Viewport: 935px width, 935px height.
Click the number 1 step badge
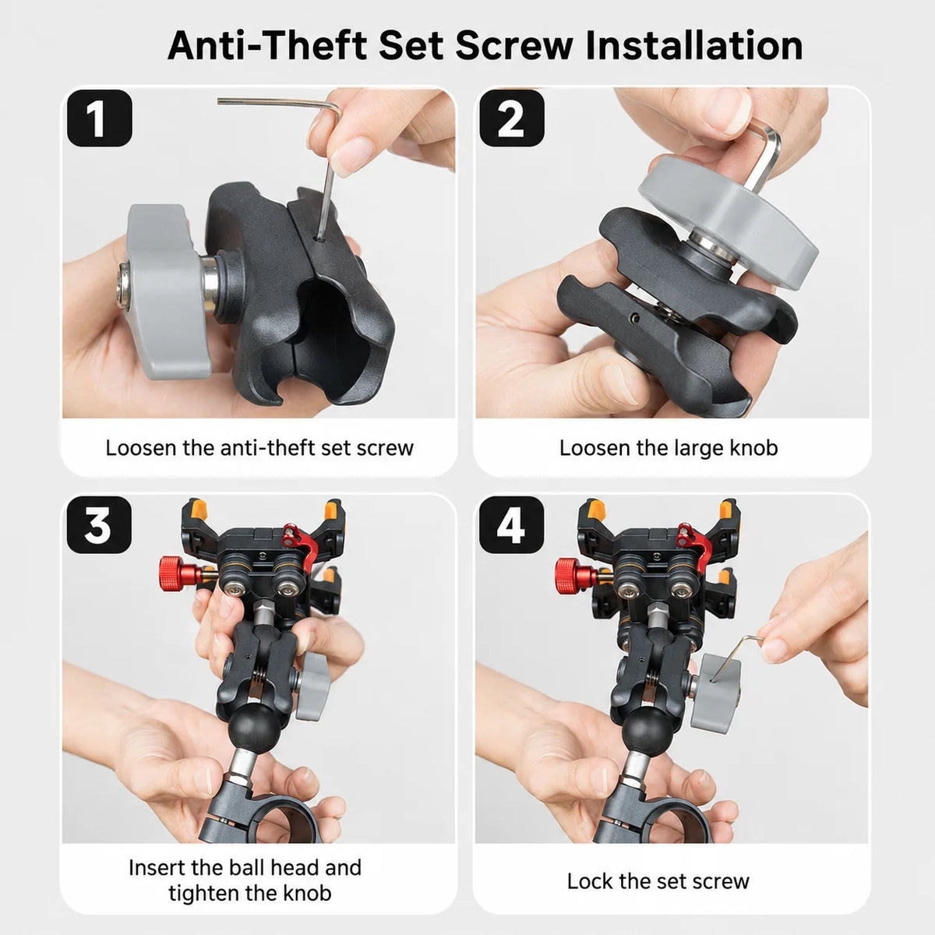[x=100, y=118]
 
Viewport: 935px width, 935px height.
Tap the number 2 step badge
[x=512, y=118]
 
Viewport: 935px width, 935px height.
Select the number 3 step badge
[x=100, y=525]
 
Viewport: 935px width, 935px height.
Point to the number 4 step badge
[x=511, y=525]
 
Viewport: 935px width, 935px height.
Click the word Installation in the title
[x=694, y=46]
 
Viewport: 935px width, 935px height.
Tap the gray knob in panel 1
[x=165, y=292]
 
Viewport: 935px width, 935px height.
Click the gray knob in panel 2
[x=728, y=218]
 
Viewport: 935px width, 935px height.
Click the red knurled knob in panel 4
[x=574, y=576]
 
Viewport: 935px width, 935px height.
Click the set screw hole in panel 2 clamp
[x=633, y=318]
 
